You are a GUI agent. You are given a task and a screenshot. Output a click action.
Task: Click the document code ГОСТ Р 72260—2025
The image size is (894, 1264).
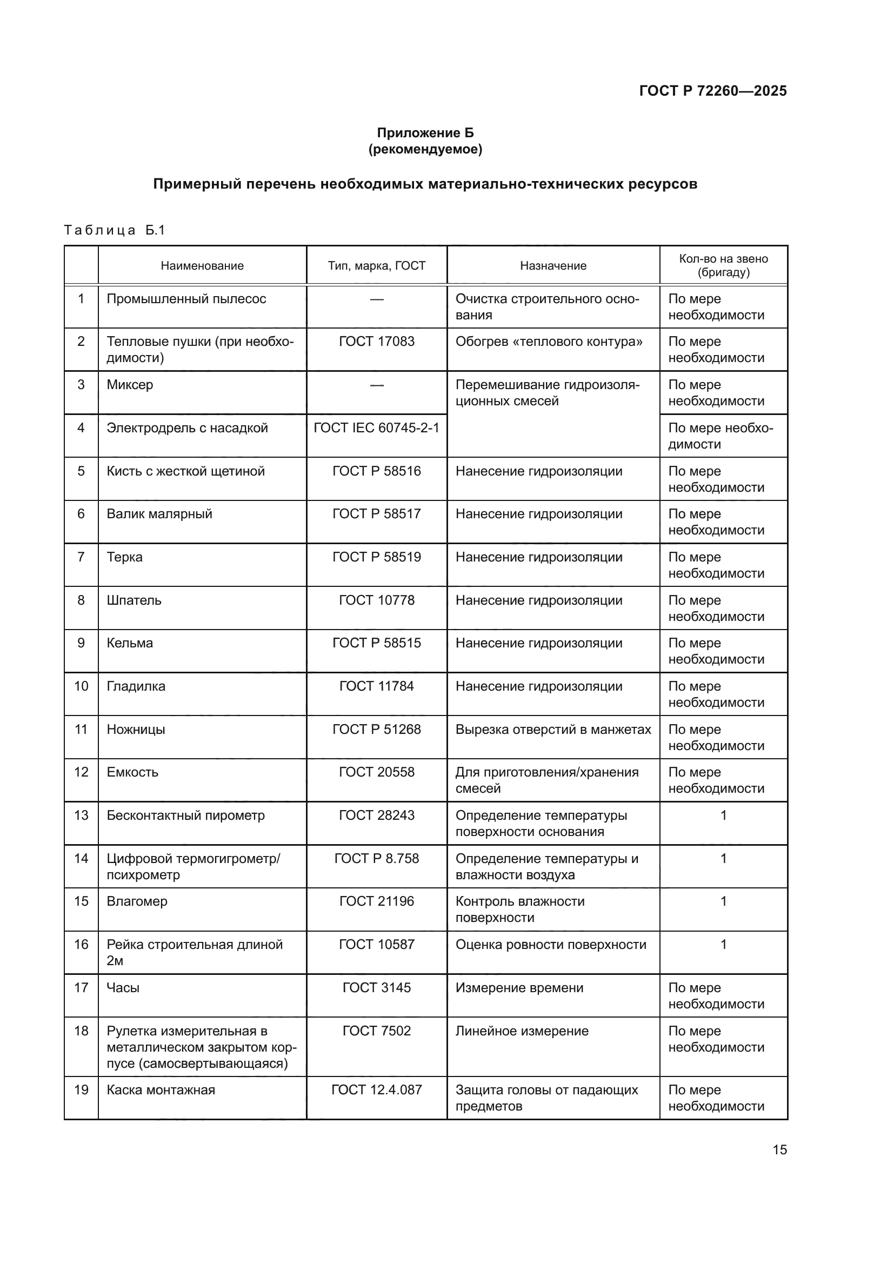(712, 91)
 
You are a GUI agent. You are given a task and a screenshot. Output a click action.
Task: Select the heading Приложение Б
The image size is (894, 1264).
(425, 133)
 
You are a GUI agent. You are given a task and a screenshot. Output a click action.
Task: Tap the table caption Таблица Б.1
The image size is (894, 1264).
(115, 230)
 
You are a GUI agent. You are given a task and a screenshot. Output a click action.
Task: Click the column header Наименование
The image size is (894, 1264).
(202, 266)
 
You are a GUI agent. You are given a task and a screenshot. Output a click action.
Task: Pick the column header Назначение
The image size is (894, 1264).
(553, 266)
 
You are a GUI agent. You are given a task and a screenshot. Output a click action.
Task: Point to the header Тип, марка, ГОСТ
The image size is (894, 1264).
(377, 266)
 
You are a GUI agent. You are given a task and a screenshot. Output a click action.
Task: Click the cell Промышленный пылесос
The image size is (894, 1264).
(186, 299)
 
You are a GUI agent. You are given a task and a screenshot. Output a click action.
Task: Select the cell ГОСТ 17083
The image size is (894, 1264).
(377, 342)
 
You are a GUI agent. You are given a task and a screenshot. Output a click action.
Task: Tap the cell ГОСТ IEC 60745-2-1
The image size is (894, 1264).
(377, 428)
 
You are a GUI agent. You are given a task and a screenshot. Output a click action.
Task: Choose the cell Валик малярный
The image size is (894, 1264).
(159, 513)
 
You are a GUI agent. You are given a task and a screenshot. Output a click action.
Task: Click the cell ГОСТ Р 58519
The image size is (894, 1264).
(377, 557)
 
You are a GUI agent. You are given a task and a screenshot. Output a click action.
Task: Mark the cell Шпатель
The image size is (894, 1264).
(134, 600)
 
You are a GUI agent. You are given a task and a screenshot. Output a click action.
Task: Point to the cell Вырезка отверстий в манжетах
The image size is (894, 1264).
(553, 730)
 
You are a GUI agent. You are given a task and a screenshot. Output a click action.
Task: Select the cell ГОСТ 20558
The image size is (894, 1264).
(377, 772)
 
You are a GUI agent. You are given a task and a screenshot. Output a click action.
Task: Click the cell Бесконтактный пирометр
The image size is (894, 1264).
(185, 815)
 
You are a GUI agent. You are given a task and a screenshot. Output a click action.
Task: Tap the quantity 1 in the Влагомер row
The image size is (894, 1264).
(723, 901)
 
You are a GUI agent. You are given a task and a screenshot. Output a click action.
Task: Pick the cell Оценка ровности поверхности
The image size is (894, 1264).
(550, 945)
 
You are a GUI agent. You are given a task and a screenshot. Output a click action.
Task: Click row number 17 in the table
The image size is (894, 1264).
(81, 988)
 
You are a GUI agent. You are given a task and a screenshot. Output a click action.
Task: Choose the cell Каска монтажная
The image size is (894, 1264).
(161, 1090)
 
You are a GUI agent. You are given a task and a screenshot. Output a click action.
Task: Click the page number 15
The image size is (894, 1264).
(779, 1149)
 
